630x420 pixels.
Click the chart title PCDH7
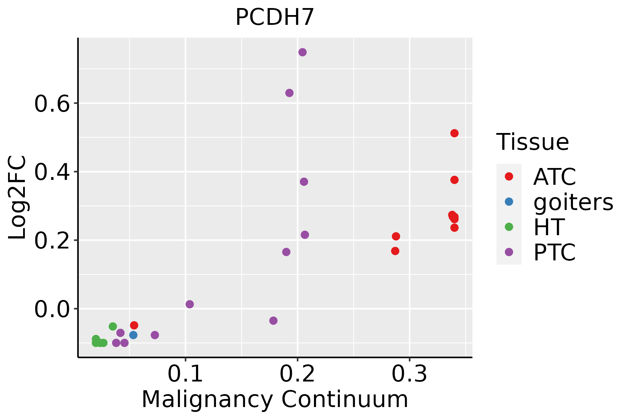coord(275,17)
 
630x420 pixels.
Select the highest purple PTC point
coord(302,52)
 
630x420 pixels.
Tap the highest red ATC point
coord(454,133)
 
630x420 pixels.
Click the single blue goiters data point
coord(133,335)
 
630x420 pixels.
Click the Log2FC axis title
coord(17,198)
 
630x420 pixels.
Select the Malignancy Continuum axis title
coord(275,399)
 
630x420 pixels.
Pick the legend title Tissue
coord(533,142)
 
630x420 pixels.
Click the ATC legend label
coord(554,177)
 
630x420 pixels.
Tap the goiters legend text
coord(573,202)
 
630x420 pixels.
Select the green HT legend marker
coord(509,227)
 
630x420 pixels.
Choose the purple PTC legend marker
coord(509,252)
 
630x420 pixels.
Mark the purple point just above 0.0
coord(190,304)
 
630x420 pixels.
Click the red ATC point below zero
coord(134,325)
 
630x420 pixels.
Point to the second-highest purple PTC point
coord(289,93)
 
